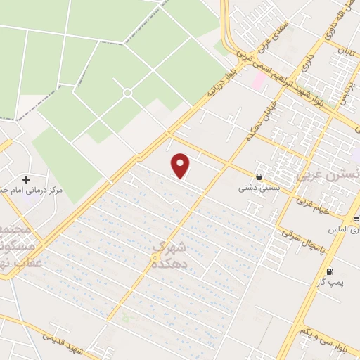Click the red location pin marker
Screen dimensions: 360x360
click(x=181, y=165)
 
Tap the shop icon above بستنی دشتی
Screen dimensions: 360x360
click(x=260, y=177)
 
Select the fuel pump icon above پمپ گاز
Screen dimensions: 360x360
click(x=330, y=271)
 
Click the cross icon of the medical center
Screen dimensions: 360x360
click(x=27, y=179)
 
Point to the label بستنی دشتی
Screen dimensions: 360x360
click(x=255, y=188)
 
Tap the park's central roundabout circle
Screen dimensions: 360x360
click(x=127, y=92)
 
